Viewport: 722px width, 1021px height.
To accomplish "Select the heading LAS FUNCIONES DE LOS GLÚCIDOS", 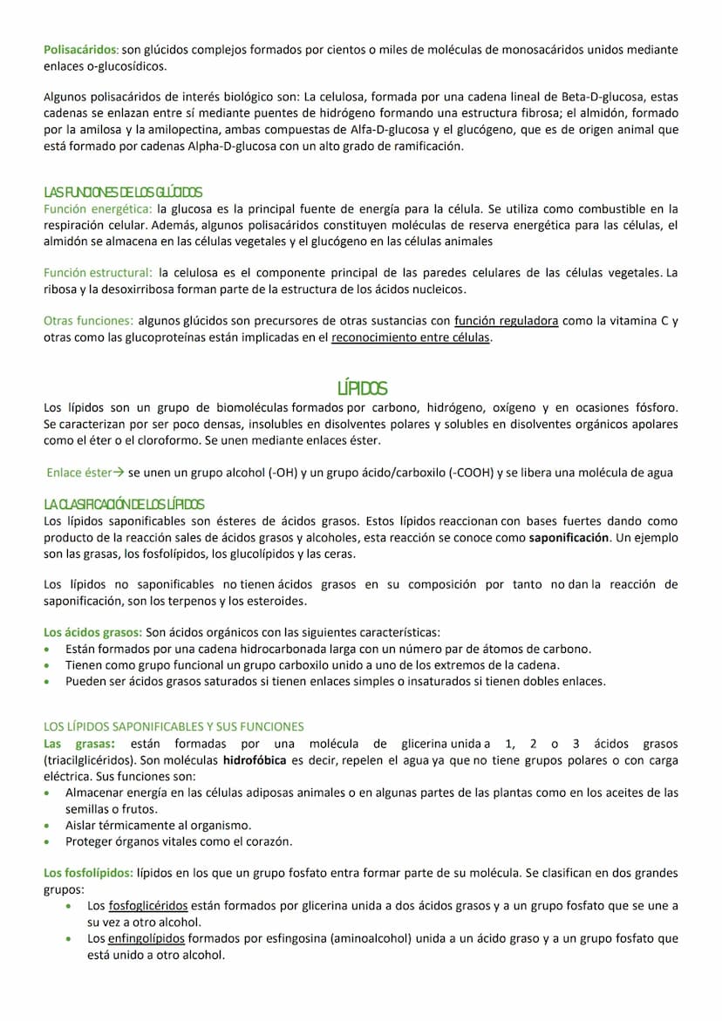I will [x=123, y=192].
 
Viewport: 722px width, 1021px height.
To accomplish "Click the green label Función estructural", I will [x=98, y=273].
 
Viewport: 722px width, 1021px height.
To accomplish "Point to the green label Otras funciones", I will [x=88, y=321].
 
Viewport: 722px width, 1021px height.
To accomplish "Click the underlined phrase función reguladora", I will [x=507, y=321].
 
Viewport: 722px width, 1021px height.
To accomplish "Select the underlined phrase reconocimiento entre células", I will [x=411, y=337].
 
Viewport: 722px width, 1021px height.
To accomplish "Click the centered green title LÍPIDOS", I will [x=361, y=389].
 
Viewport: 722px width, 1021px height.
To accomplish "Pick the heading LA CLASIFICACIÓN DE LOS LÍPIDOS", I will [x=124, y=504].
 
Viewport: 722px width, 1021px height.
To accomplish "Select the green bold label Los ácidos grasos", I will [x=92, y=632].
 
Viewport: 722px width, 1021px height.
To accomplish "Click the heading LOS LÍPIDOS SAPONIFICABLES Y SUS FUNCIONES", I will [x=174, y=726].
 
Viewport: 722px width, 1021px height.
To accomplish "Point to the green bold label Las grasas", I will [x=78, y=744].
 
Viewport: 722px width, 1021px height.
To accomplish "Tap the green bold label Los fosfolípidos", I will [x=88, y=873].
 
